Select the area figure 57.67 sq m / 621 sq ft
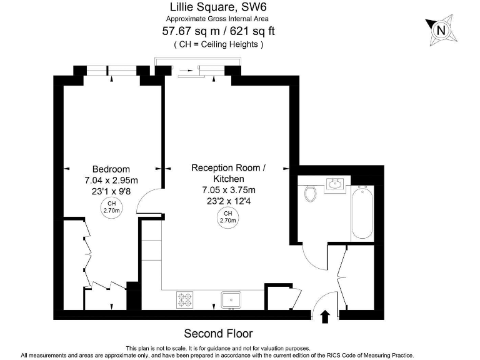pyautogui.click(x=218, y=31)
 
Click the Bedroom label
pyautogui.click(x=111, y=169)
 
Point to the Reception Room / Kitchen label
pyautogui.click(x=228, y=173)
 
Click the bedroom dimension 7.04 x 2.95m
pyautogui.click(x=111, y=180)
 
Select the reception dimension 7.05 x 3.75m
pyautogui.click(x=228, y=190)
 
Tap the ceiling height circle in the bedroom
pyautogui.click(x=111, y=207)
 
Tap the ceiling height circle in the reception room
pyautogui.click(x=228, y=217)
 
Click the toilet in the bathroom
pyautogui.click(x=309, y=193)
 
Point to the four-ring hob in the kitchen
pyautogui.click(x=185, y=300)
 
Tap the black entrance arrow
pyautogui.click(x=325, y=316)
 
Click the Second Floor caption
pyautogui.click(x=218, y=333)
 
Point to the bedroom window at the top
pyautogui.click(x=112, y=71)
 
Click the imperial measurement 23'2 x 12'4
pyautogui.click(x=228, y=201)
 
